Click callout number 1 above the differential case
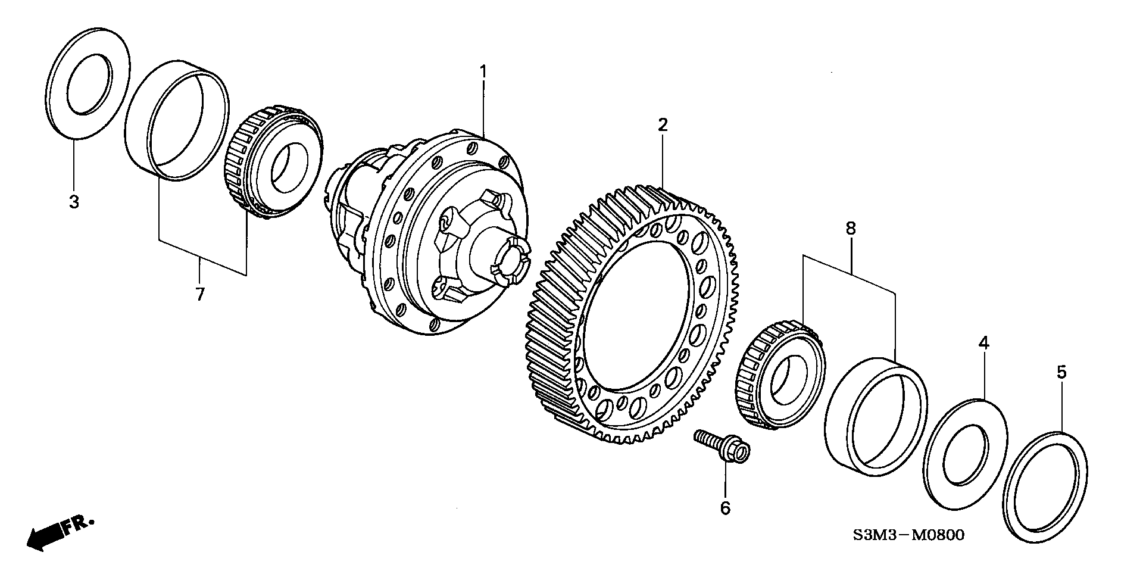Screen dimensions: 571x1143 483,72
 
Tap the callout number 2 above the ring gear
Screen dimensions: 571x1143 663,125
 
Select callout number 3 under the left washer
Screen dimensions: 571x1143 74,202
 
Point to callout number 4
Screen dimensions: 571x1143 984,342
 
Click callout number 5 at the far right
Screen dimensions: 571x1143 1061,373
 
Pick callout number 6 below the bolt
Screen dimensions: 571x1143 725,508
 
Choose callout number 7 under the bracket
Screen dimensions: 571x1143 200,294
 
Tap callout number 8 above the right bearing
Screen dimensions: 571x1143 851,228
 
